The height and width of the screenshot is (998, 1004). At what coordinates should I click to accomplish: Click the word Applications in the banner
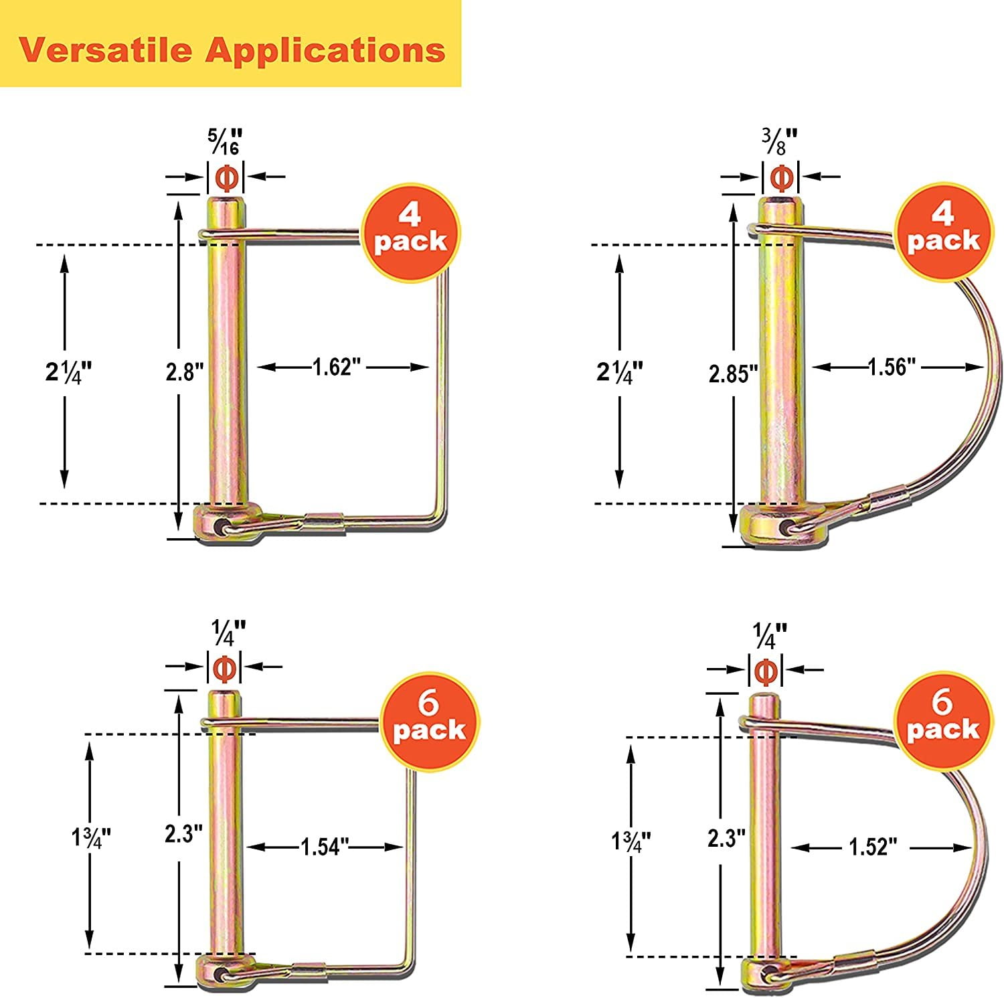point(325,51)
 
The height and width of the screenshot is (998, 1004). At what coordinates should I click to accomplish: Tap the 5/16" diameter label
point(225,141)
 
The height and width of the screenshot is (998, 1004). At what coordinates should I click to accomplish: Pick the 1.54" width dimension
point(326,847)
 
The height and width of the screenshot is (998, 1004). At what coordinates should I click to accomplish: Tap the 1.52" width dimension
point(872,847)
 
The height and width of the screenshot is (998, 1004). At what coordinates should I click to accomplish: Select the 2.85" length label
point(733,373)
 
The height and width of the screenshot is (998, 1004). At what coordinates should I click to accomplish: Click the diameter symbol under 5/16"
point(226,177)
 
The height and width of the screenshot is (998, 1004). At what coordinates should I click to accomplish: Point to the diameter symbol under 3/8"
point(782,177)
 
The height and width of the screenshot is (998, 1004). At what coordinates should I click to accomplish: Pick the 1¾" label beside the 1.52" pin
point(629,841)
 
